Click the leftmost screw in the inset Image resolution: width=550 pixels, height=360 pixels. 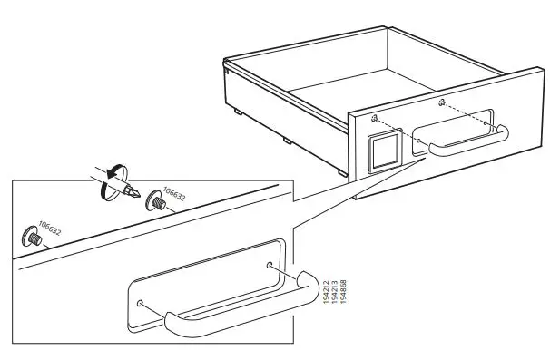(x=29, y=238)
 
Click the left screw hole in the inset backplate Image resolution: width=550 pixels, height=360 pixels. (x=139, y=301)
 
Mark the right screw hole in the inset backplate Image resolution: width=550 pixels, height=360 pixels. (x=270, y=265)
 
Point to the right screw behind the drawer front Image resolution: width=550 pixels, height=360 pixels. (x=441, y=99)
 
